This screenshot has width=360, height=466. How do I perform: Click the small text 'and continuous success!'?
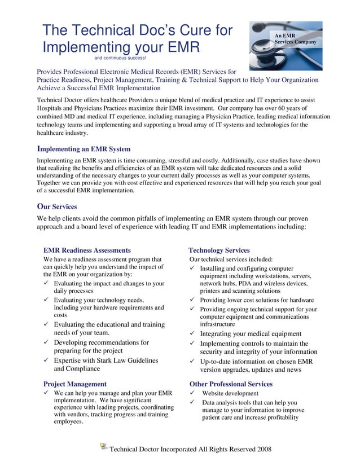120,58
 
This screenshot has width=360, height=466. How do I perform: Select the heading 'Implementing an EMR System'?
84,149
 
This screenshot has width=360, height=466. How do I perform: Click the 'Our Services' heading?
56,206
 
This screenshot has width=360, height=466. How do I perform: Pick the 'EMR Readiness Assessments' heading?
87,250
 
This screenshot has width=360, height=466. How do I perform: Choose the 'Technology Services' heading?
219,250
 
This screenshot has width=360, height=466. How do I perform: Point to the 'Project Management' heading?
74,384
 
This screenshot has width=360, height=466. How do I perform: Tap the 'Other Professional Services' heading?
231,384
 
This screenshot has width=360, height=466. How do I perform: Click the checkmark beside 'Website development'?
192,393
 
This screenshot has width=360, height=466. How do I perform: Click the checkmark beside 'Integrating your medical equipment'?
192,333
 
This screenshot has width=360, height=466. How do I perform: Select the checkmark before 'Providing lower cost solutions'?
192,300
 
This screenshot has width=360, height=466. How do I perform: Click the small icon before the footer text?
103,447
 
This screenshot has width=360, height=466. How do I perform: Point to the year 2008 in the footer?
264,449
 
